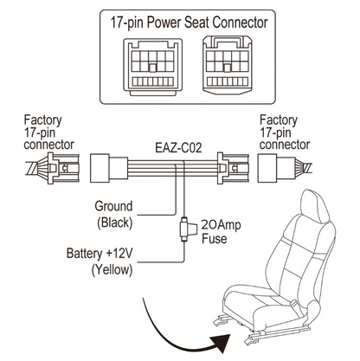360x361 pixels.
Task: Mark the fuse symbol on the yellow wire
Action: (x=183, y=230)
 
